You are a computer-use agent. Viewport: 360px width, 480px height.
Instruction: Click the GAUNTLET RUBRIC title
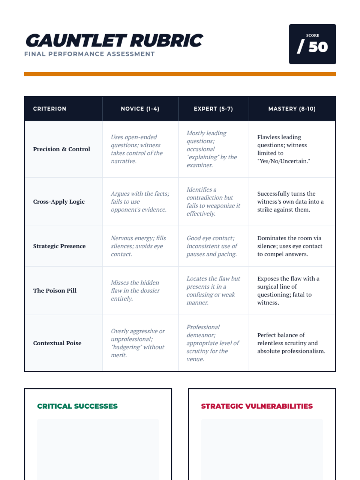(114, 41)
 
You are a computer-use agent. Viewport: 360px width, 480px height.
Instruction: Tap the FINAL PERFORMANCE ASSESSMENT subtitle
(89, 54)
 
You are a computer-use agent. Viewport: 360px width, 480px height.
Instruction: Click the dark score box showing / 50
(312, 44)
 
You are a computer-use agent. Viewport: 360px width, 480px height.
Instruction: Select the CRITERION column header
(49, 109)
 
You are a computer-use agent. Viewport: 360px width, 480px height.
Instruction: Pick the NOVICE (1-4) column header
(140, 109)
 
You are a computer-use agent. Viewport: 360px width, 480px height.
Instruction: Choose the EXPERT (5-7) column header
(213, 109)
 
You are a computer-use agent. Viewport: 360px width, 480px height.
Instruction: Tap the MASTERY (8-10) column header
(292, 109)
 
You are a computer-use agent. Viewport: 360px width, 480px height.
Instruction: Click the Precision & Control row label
(61, 149)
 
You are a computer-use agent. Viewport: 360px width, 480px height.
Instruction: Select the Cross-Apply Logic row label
(59, 202)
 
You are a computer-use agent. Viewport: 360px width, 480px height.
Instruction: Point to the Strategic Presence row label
(59, 246)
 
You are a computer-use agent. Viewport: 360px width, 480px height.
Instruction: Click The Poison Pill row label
(55, 290)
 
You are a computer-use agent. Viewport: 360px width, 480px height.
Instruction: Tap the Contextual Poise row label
(57, 343)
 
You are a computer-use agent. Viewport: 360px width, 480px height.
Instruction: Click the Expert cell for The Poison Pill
(213, 290)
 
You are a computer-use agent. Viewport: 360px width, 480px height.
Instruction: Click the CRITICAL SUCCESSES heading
(77, 406)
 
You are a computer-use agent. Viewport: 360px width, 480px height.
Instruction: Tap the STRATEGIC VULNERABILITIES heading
(257, 406)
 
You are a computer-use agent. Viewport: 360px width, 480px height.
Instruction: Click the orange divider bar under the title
(180, 74)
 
